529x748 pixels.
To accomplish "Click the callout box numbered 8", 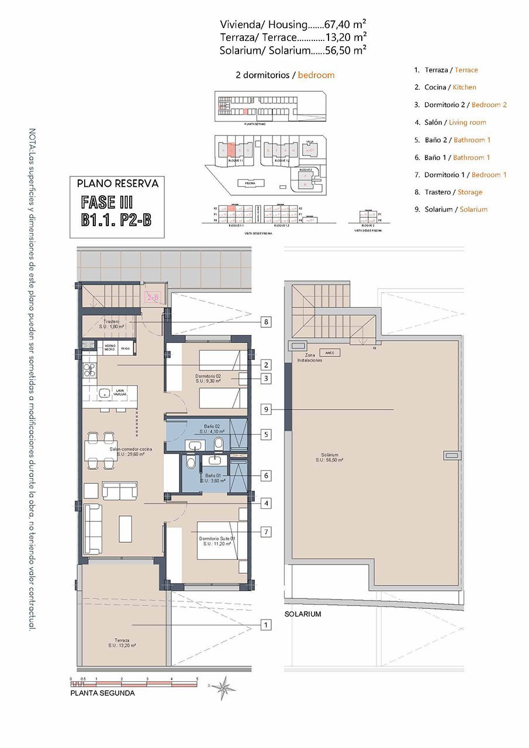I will tap(266, 321).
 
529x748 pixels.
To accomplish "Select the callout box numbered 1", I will tap(266, 625).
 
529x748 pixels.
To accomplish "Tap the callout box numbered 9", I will tap(266, 410).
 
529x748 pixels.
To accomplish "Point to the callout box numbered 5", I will tap(266, 435).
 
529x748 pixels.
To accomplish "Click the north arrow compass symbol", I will tap(223, 687).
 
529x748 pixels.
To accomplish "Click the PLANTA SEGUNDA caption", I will tap(102, 693).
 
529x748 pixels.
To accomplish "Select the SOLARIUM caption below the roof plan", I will tap(303, 614).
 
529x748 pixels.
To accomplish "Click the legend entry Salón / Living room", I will tap(450, 122).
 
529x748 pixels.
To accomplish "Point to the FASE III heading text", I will tap(108, 203).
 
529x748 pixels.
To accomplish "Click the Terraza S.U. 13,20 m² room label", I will tap(122, 643).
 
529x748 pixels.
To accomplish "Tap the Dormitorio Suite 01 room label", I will tap(217, 541).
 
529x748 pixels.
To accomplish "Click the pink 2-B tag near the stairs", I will tap(153, 297).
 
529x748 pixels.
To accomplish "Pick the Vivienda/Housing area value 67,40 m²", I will tap(345, 25).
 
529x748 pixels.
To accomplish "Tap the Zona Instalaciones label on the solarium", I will tap(309, 358).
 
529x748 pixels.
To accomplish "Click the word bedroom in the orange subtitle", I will tap(316, 75).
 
